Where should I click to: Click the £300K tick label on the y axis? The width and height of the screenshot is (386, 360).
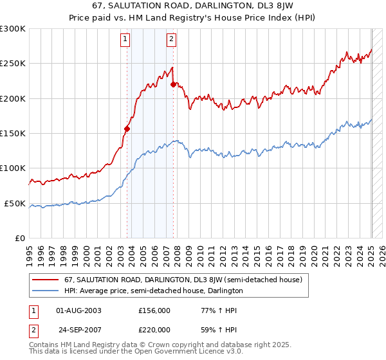[12, 29]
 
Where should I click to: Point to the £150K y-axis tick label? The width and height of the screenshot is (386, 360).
[12, 134]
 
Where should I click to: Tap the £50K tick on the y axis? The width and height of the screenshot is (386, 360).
[14, 203]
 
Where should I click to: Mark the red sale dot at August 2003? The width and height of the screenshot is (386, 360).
[127, 129]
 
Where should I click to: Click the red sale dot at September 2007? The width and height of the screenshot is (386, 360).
[174, 84]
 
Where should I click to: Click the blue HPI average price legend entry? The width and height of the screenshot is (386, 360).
[153, 291]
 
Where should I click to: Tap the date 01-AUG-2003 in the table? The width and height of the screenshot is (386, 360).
[78, 310]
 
